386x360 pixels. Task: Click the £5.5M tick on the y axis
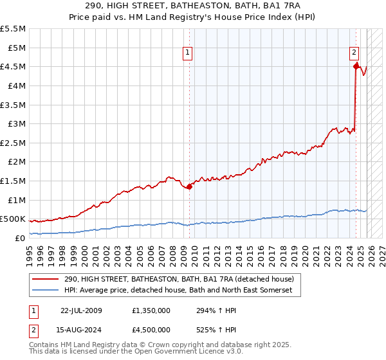point(14,29)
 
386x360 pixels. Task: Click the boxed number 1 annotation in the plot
point(187,53)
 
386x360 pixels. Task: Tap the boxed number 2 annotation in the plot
point(354,53)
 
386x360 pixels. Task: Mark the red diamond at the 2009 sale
point(189,187)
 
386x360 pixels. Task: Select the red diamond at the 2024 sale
point(356,65)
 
